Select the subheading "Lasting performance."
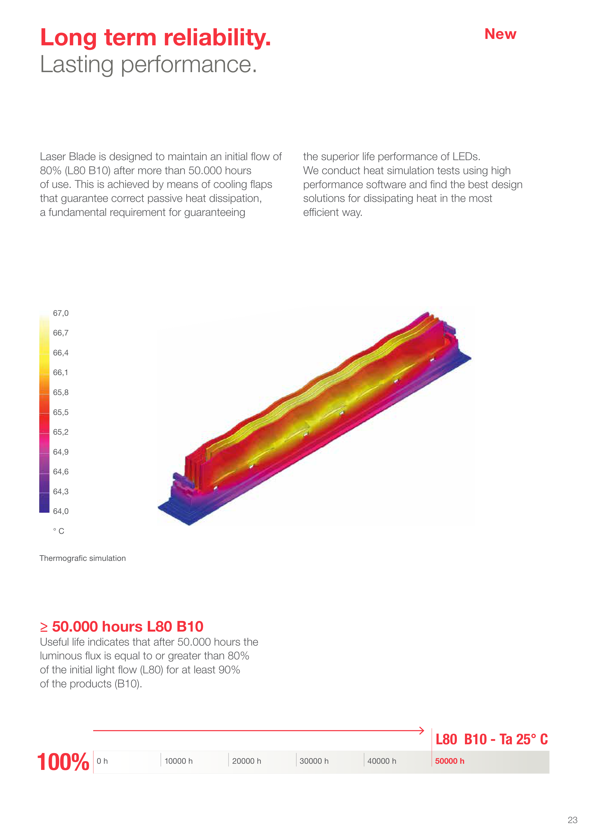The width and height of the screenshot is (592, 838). click(148, 64)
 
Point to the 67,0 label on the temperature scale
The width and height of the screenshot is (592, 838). click(60, 313)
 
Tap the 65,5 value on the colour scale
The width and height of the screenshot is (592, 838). click(60, 412)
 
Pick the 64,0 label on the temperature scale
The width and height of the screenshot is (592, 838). click(60, 511)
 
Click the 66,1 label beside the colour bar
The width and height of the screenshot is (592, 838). click(60, 373)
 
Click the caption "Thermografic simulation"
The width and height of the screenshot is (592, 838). click(83, 559)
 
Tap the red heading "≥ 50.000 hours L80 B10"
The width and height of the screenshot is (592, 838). click(121, 627)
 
